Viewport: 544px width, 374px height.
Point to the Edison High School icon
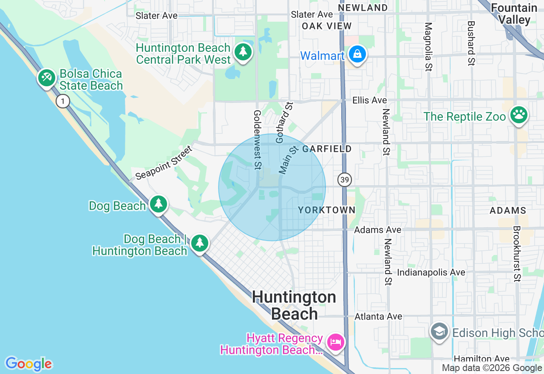coord(439,331)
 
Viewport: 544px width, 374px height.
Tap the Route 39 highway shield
coord(345,180)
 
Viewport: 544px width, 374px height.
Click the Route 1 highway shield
coord(63,101)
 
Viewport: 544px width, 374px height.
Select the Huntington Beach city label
coord(294,305)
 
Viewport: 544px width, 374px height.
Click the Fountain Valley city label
coord(514,14)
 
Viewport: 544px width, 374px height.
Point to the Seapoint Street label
coord(164,163)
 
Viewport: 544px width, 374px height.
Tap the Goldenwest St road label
coord(257,140)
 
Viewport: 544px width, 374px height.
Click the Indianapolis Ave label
coord(431,272)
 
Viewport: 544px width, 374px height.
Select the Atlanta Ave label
coord(378,316)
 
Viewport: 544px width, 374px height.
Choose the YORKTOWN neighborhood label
coord(326,210)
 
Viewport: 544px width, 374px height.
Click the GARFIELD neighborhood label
coord(327,148)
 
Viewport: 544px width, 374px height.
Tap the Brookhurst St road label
coord(517,253)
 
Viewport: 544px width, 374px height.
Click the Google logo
coord(28,364)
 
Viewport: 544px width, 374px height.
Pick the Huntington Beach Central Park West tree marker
coord(243,52)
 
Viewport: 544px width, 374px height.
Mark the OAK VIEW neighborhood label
coord(327,26)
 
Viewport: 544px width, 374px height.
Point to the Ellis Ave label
coord(369,100)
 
